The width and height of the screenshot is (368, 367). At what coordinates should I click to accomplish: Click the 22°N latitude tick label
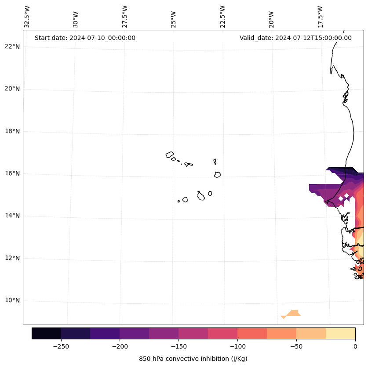[12, 47]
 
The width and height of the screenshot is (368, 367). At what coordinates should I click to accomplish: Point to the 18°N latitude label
[12, 131]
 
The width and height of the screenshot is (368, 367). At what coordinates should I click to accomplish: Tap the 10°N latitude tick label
[12, 301]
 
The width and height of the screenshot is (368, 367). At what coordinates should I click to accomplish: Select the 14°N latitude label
[12, 216]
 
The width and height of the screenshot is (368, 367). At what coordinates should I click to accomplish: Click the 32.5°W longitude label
[27, 17]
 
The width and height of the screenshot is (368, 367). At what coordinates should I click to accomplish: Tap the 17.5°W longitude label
[320, 17]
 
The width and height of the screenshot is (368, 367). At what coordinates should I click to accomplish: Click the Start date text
[85, 38]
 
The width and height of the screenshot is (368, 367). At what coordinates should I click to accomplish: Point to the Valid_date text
[295, 38]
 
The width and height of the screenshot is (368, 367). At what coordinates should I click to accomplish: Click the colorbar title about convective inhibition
[193, 359]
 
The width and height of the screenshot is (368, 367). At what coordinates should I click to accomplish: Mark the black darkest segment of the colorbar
[46, 333]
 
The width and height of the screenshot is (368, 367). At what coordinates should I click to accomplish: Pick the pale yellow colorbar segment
[340, 333]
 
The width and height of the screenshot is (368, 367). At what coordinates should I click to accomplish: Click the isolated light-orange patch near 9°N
[292, 313]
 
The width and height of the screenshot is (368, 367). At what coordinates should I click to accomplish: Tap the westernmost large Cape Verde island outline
[170, 155]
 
